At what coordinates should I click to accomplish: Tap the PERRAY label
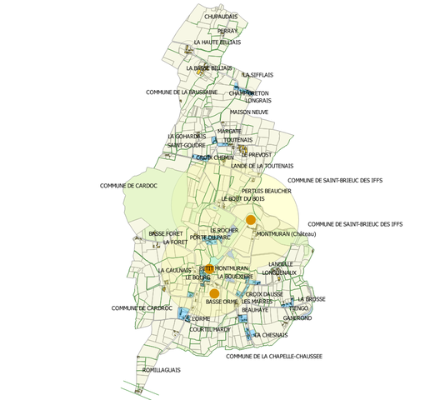coord(227,30)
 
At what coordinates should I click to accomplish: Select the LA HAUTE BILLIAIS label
coord(217,42)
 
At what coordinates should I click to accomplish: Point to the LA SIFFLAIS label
coord(258,74)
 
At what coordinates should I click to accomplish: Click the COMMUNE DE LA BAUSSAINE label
coord(182,92)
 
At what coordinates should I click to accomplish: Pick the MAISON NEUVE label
coord(249,112)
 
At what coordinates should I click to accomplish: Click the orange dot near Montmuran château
coord(251,219)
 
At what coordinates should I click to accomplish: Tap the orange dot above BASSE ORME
coord(214,293)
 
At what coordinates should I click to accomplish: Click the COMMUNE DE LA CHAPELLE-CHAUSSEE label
coord(274,356)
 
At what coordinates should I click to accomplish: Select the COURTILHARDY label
coord(209,329)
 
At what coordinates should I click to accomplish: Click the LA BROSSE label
coord(311,298)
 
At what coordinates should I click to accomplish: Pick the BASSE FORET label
coord(165,233)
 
